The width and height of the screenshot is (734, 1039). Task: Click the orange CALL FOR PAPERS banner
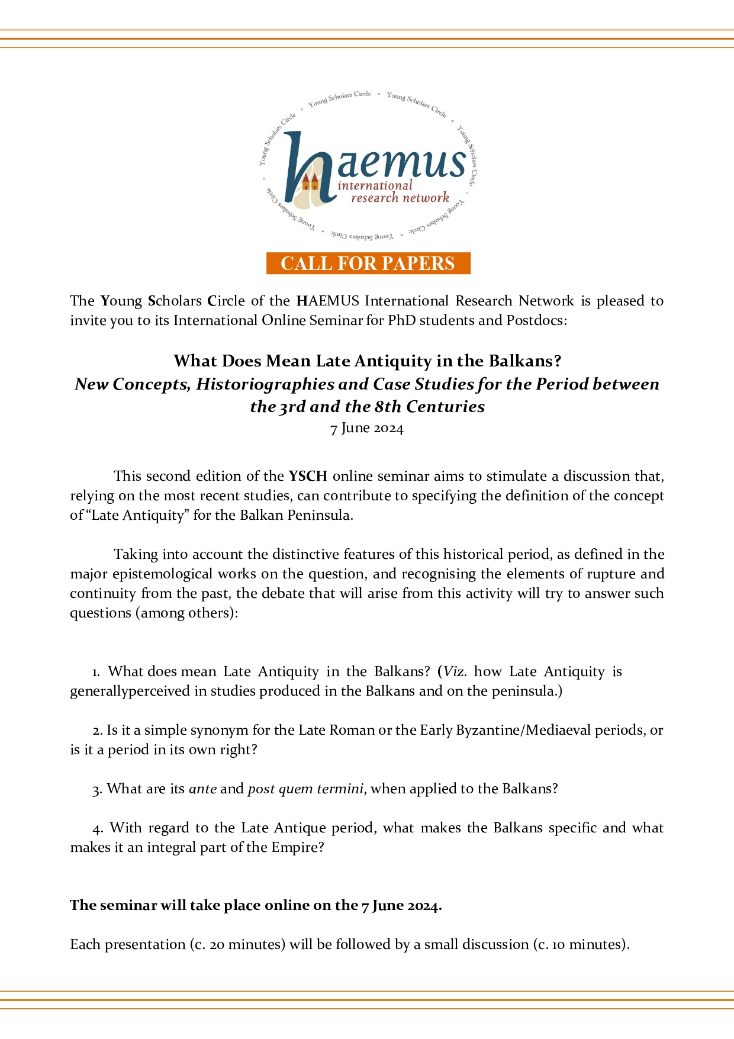click(368, 263)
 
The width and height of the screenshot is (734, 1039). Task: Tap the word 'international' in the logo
click(375, 185)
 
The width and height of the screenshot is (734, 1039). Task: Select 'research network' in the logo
click(400, 198)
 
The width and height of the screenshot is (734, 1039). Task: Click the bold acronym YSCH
click(308, 476)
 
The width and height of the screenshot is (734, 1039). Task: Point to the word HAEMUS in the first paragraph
click(327, 301)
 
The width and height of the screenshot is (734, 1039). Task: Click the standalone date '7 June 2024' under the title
click(367, 428)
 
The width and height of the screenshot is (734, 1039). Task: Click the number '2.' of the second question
click(98, 731)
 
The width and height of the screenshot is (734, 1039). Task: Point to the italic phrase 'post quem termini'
click(306, 789)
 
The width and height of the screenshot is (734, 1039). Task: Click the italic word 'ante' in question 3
click(202, 789)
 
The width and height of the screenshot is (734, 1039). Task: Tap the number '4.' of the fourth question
click(98, 828)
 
